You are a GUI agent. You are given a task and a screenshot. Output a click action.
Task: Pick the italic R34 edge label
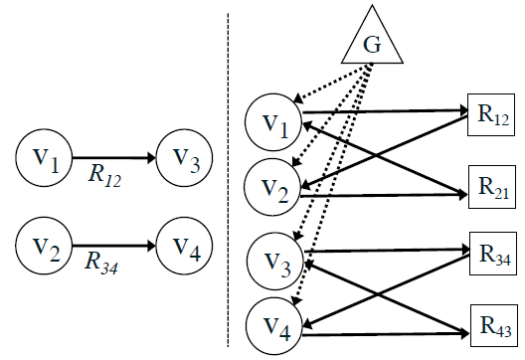pos(103,265)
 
